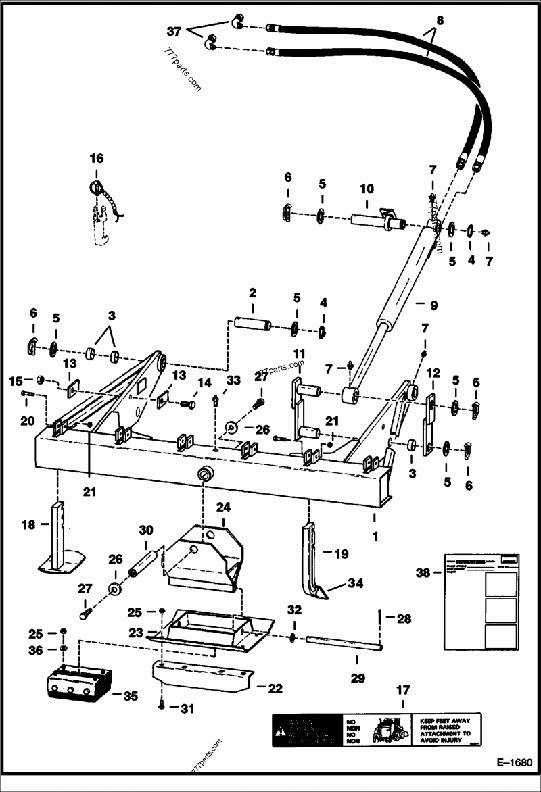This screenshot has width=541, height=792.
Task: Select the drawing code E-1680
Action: click(514, 762)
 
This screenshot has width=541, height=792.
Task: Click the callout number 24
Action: click(224, 506)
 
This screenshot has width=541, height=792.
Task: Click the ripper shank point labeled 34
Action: click(316, 594)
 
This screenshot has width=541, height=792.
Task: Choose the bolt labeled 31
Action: click(160, 707)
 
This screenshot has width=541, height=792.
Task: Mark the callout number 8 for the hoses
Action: click(440, 20)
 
